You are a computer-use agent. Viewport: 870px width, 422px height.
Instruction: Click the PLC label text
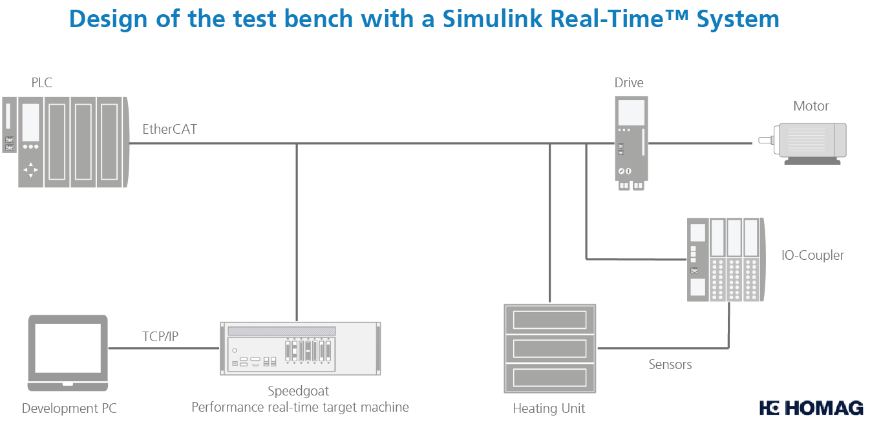pos(41,83)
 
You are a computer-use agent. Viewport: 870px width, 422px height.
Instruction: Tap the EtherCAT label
pos(169,129)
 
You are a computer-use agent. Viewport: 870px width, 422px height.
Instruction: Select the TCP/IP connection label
pos(160,336)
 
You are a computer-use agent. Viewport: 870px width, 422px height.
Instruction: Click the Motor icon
pos(808,142)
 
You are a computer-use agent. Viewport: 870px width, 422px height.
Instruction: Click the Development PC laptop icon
pos(68,353)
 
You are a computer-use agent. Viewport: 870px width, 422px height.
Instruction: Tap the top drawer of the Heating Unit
pos(549,319)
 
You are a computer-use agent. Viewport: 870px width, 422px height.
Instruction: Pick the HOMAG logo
pos(811,408)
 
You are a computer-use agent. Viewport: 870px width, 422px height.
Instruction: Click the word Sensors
pos(670,364)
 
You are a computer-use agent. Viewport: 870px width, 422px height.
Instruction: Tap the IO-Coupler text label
pos(812,255)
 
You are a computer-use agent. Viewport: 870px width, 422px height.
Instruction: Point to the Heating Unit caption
pos(549,408)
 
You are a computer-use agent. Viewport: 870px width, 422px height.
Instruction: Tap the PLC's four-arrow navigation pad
pos(30,171)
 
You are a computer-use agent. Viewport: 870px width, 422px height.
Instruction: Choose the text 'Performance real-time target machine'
pos(300,407)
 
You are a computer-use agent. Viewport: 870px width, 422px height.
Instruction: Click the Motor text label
pos(811,106)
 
